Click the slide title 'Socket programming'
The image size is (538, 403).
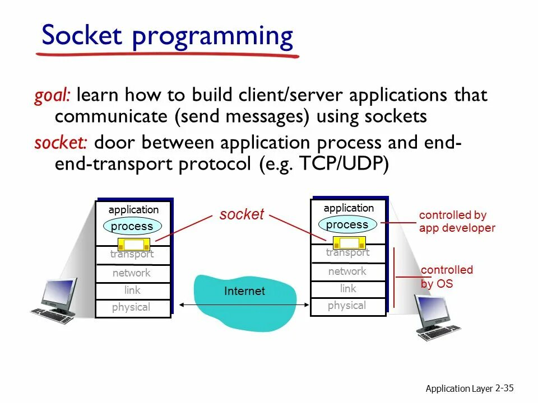[167, 36]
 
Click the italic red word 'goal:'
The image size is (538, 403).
[52, 95]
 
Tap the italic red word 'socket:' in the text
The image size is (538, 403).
[61, 143]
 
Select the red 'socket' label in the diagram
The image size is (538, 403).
[242, 214]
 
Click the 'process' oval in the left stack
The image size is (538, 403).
[132, 226]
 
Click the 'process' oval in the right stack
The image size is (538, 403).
[347, 224]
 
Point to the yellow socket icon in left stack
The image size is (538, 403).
[134, 245]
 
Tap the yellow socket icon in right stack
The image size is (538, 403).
[349, 242]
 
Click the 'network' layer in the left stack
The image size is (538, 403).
[132, 273]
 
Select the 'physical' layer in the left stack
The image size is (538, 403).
[131, 307]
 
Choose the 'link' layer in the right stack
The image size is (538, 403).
[347, 289]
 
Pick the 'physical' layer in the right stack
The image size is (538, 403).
[347, 306]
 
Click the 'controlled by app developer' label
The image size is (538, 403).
[457, 222]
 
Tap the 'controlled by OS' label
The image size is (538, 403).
[447, 277]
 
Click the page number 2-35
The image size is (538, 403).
[504, 388]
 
